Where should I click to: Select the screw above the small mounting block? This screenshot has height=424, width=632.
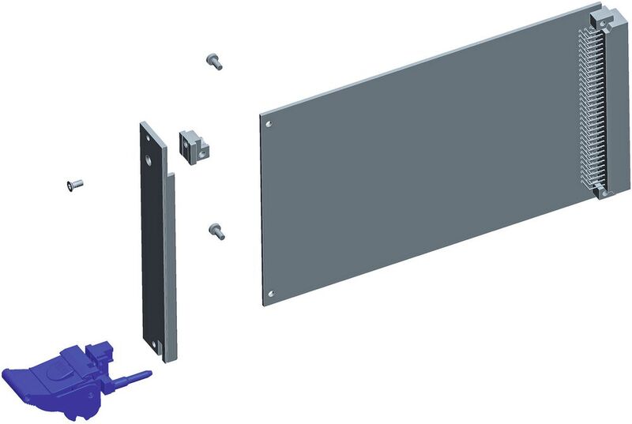213,61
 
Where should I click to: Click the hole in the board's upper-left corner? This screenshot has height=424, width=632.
270,124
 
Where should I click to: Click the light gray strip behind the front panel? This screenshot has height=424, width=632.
172,261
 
